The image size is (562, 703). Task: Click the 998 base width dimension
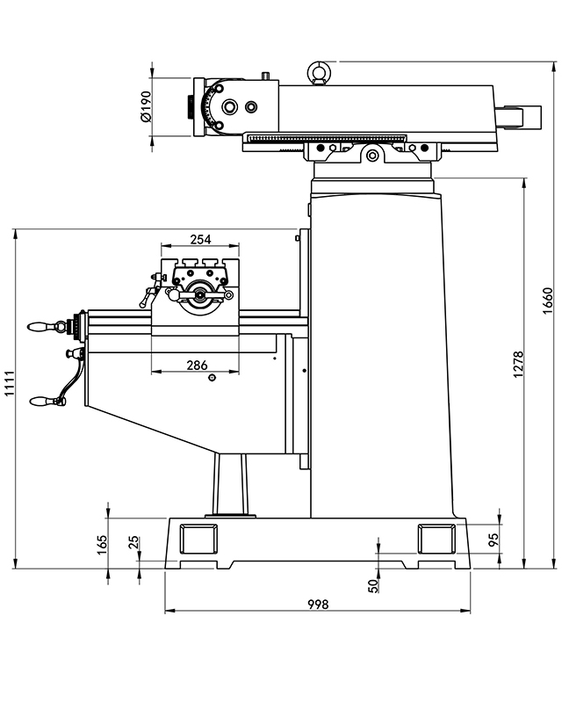pos(318,604)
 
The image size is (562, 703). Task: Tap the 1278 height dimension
pos(518,365)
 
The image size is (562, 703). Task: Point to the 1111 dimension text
pos(10,386)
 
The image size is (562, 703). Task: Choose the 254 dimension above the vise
pos(200,239)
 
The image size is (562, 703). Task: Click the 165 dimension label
pos(102,545)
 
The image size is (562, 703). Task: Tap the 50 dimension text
pos(371,583)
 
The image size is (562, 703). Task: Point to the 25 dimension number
pos(134,542)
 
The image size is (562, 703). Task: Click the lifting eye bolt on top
pos(316,70)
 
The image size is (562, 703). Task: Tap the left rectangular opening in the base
pos(198,535)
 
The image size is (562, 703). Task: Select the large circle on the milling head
pos(229,106)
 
